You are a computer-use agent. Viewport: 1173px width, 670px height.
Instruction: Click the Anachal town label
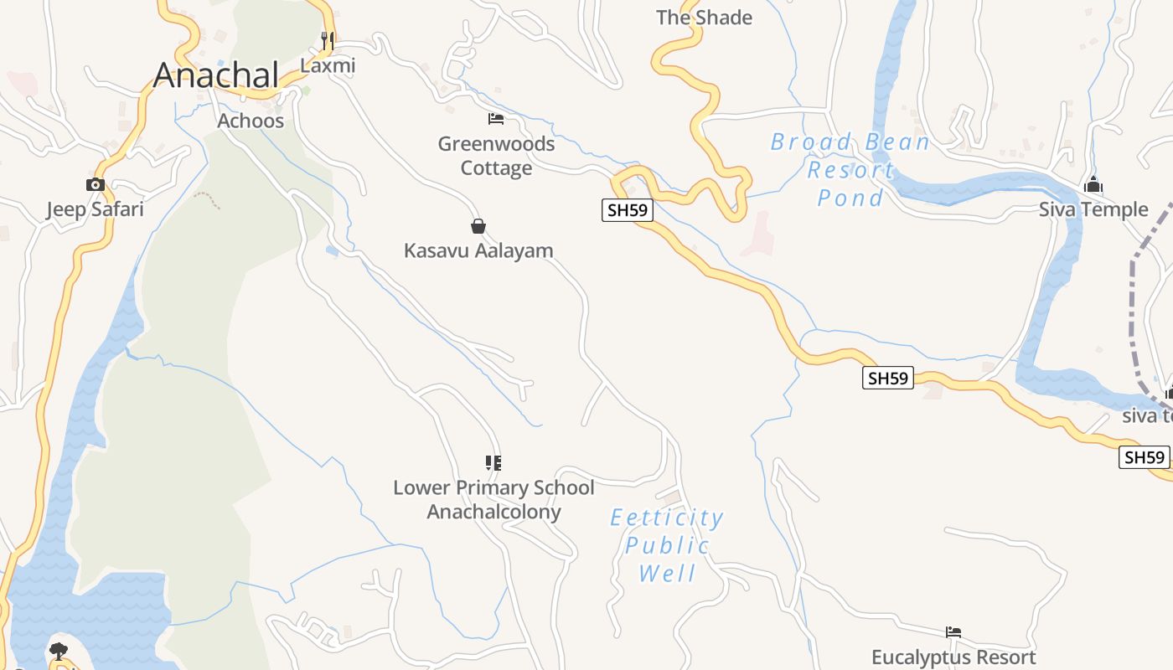[x=216, y=75]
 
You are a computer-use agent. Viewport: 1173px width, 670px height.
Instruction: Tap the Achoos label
[x=251, y=121]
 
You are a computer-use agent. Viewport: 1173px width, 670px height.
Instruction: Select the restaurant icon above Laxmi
[x=328, y=40]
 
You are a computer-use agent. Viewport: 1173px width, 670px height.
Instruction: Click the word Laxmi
[x=328, y=65]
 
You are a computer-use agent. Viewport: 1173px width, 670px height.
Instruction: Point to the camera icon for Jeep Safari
[x=96, y=184]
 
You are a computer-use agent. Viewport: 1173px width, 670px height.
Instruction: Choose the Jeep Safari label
[x=95, y=209]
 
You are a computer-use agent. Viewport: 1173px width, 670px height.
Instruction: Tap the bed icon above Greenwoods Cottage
[x=496, y=119]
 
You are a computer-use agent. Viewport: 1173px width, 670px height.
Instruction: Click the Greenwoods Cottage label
[x=496, y=156]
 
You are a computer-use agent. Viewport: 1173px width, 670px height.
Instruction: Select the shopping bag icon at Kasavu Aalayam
[x=478, y=226]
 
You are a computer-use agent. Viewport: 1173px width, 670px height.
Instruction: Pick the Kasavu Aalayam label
[x=478, y=250]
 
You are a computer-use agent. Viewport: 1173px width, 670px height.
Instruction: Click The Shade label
[x=704, y=18]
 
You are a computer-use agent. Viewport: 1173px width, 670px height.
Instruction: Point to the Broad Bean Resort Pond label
[x=850, y=170]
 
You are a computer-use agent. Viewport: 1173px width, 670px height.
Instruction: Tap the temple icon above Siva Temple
[x=1093, y=185]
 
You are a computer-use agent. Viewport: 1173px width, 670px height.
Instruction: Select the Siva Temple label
[x=1093, y=209]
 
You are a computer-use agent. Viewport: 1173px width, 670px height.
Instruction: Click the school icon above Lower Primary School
[x=493, y=462]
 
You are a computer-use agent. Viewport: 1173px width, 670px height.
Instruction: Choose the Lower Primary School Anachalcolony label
[x=493, y=499]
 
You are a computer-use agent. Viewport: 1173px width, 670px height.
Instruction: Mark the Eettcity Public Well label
[x=667, y=545]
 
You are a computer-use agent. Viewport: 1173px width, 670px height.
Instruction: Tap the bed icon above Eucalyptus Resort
[x=953, y=632]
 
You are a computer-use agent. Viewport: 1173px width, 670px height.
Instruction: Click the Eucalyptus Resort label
[x=953, y=657]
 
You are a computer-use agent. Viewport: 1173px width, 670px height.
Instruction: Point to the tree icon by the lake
[x=59, y=651]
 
